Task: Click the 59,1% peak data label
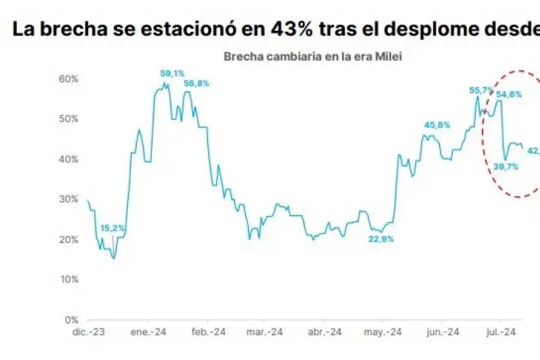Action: point(172,74)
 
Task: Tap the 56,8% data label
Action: point(197,84)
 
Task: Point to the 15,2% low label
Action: point(113,228)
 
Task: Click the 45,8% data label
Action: point(437,125)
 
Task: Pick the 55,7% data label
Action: point(481,91)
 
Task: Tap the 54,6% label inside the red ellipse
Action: point(509,94)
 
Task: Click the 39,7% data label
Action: point(505,167)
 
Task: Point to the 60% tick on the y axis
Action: point(68,79)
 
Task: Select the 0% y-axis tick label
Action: point(71,320)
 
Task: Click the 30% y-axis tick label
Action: point(68,199)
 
